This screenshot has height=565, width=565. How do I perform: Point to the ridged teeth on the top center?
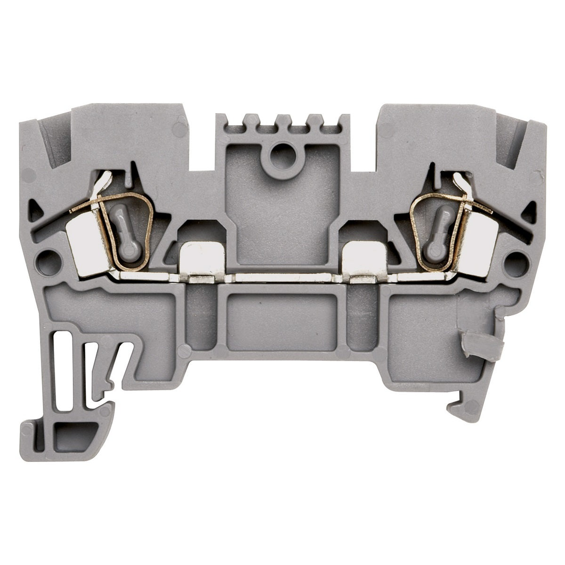tap(282, 123)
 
